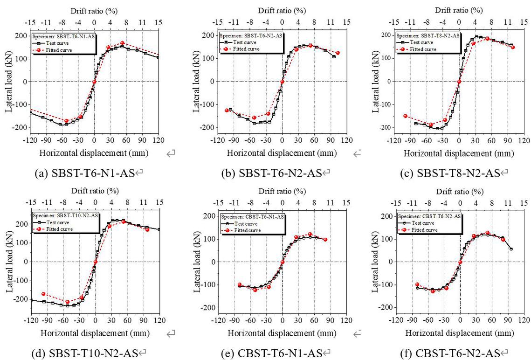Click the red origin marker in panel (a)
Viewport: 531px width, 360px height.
(x=94, y=82)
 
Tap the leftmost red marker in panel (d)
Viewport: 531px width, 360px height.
(x=43, y=294)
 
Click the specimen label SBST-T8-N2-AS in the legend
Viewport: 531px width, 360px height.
(x=428, y=35)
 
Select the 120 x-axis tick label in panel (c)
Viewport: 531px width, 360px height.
(x=524, y=140)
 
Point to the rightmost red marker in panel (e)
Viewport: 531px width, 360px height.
(x=325, y=240)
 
